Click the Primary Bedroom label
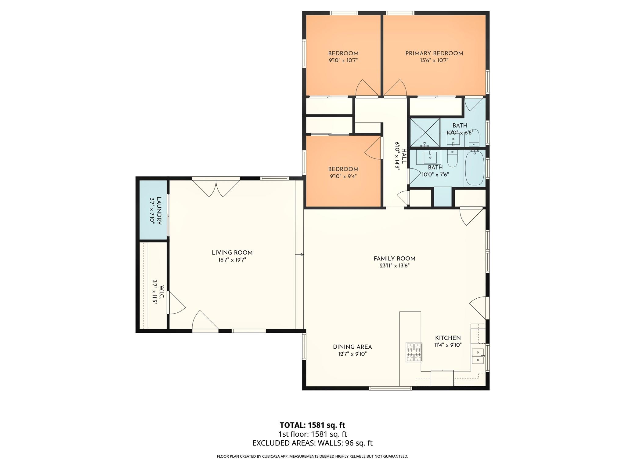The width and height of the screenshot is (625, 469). click(x=434, y=53)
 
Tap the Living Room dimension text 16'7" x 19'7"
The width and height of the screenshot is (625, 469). click(x=232, y=260)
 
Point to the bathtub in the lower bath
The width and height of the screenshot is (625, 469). click(x=475, y=168)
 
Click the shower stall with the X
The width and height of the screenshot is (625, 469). click(x=424, y=133)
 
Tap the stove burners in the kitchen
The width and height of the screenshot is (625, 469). click(x=414, y=352)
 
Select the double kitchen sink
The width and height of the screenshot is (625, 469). click(x=478, y=356)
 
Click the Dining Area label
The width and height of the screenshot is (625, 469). click(x=352, y=347)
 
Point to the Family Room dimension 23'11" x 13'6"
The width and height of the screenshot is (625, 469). click(x=394, y=266)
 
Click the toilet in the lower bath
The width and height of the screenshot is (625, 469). click(x=452, y=159)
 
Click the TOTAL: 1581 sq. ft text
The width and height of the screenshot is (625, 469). click(x=312, y=425)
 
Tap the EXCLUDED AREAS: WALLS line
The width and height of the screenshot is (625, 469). click(x=312, y=443)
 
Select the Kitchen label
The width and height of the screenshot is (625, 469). click(x=448, y=338)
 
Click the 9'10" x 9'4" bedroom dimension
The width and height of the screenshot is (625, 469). click(x=343, y=176)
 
